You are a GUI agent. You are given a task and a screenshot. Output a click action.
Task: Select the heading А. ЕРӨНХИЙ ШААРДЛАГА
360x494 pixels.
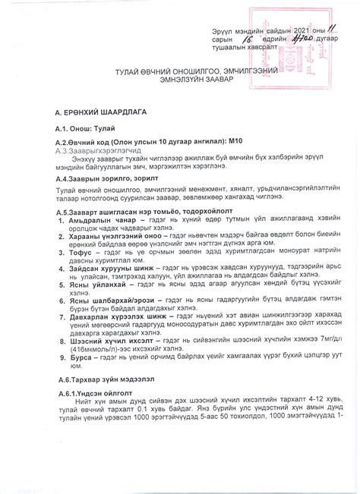[90, 111]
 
